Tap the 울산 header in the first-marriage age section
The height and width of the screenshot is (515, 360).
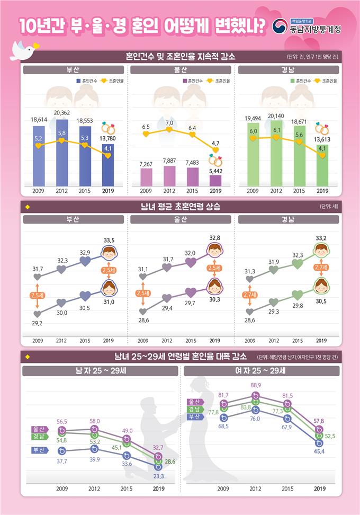pyautogui.click(x=180, y=220)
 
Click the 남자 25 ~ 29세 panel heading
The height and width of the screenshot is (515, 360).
pyautogui.click(x=101, y=371)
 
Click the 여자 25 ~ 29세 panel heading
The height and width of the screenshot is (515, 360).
pyautogui.click(x=261, y=371)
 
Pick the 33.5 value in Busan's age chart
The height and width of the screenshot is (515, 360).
pyautogui.click(x=109, y=241)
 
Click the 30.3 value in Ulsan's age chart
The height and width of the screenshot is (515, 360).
pyautogui.click(x=215, y=299)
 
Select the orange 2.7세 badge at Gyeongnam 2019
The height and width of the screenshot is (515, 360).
pyautogui.click(x=321, y=268)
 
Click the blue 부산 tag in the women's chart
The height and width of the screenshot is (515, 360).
pyautogui.click(x=196, y=417)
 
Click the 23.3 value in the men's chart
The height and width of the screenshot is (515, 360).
pyautogui.click(x=158, y=476)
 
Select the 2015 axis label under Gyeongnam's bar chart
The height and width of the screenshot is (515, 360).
pyautogui.click(x=299, y=191)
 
